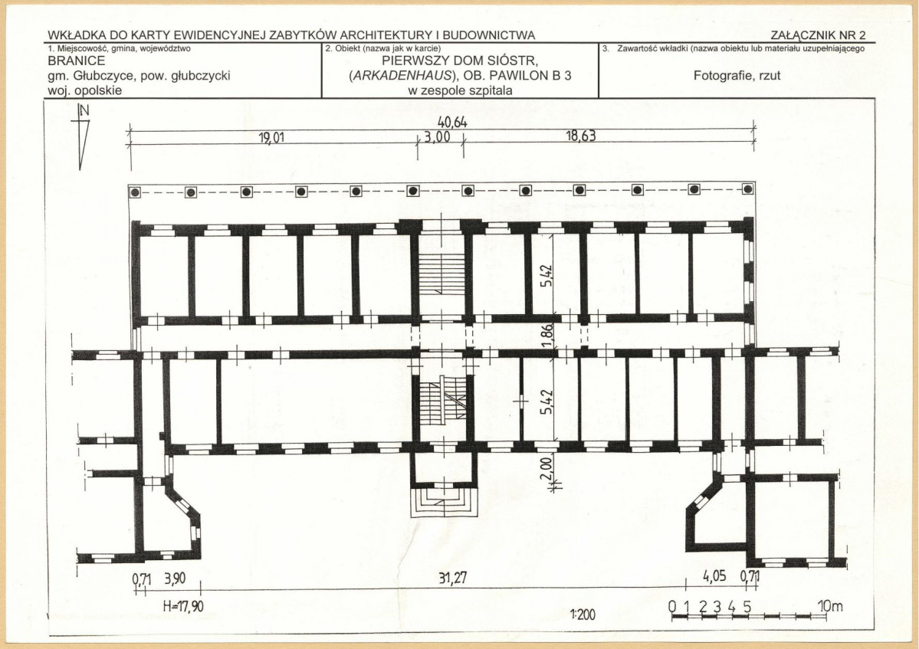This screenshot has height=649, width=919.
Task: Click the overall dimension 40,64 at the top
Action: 452,123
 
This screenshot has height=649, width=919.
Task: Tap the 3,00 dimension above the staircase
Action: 437,137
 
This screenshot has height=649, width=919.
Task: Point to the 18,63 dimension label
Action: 581,136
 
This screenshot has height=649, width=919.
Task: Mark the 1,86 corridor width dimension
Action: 546,336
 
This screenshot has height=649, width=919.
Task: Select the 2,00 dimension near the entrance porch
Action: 546,469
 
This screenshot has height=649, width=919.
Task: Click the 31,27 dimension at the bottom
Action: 452,579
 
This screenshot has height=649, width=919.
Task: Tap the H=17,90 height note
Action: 183,605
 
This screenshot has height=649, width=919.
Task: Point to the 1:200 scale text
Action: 582,615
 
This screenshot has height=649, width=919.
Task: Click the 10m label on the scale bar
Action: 830,605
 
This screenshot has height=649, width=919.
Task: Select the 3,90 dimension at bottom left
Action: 175,579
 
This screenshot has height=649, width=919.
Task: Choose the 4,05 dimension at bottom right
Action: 714,575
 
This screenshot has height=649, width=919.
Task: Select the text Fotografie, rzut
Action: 737,76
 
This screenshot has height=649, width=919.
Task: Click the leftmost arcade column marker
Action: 136,192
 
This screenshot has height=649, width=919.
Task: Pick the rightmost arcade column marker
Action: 747,188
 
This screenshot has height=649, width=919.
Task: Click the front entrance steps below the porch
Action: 444,503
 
